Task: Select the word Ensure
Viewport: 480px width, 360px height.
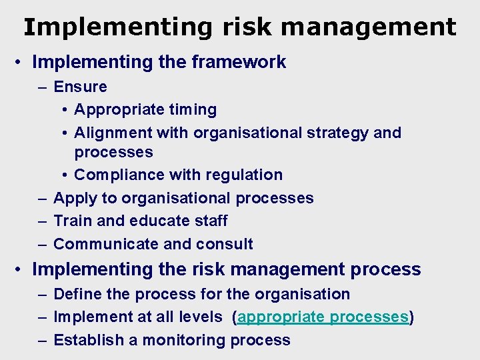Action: pyautogui.click(x=80, y=87)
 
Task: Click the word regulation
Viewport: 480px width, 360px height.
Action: pyautogui.click(x=246, y=175)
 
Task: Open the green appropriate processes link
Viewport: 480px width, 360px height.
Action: pyautogui.click(x=323, y=317)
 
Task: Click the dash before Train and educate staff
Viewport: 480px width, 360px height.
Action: pyautogui.click(x=43, y=221)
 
